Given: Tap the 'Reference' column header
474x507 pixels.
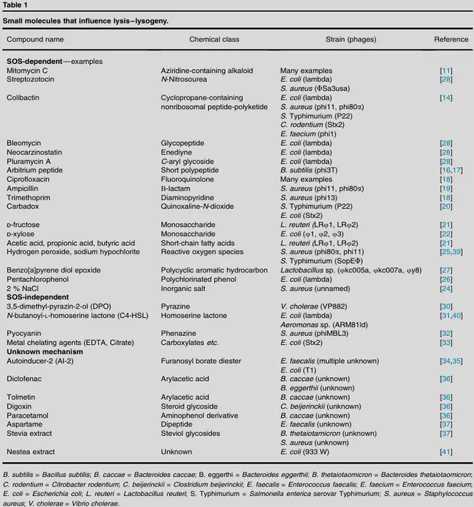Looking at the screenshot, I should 451,39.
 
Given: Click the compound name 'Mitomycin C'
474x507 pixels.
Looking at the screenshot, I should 27,71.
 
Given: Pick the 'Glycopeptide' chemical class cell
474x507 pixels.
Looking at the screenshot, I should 183,143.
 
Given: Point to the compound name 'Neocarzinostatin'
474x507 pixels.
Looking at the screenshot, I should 35,152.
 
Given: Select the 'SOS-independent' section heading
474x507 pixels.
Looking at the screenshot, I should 35,297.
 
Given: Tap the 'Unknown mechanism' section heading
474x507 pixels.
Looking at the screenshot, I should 39,351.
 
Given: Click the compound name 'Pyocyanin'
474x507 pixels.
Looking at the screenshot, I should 23,333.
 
